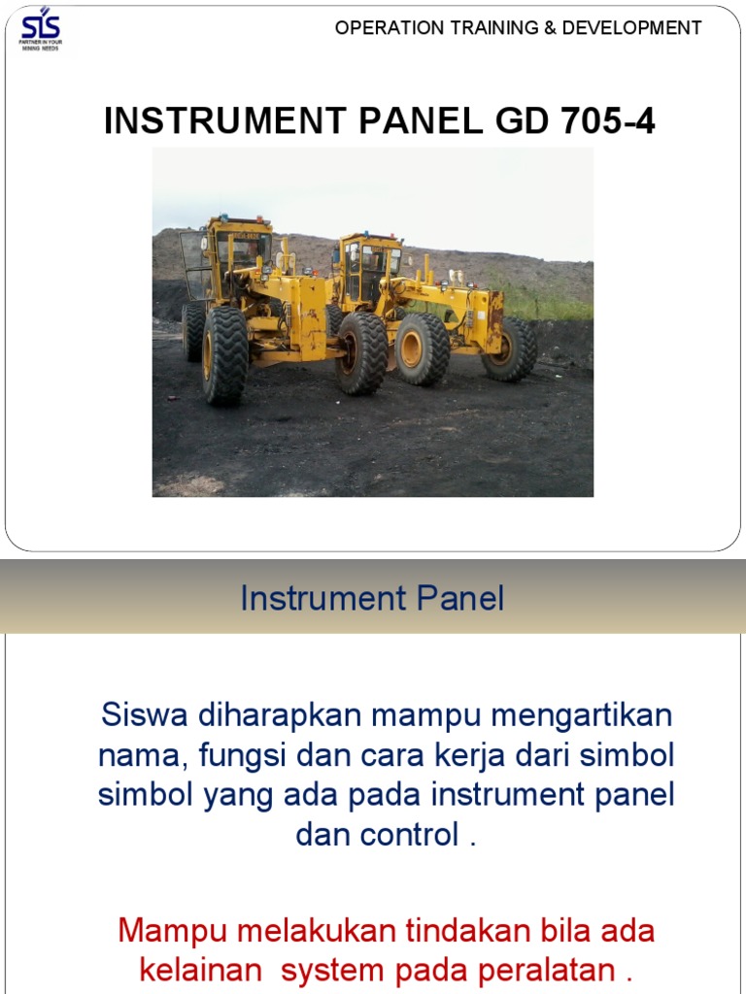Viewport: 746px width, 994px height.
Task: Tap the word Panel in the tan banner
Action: [x=462, y=598]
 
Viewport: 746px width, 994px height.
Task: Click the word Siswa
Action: [x=146, y=716]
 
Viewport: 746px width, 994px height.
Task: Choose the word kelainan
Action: [x=200, y=970]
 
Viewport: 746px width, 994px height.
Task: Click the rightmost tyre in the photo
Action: [x=510, y=349]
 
